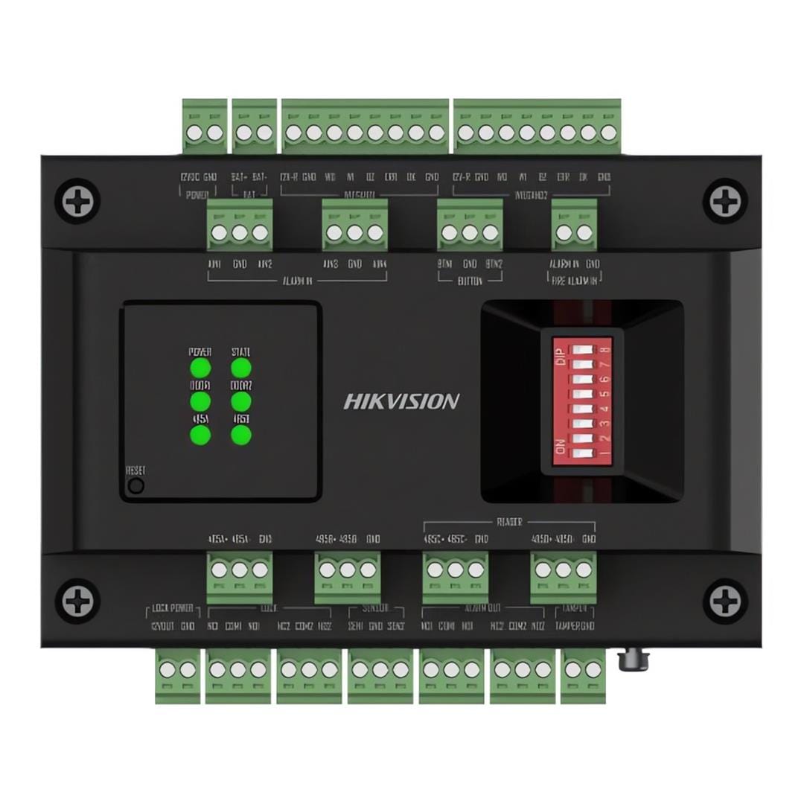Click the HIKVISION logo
point(401,401)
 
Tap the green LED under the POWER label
point(200,368)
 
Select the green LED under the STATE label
point(240,368)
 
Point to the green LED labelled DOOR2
point(240,401)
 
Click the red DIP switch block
point(582,402)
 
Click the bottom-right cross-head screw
point(725,600)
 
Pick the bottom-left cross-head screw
point(77,600)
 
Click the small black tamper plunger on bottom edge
point(634,660)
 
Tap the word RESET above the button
point(135,470)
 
